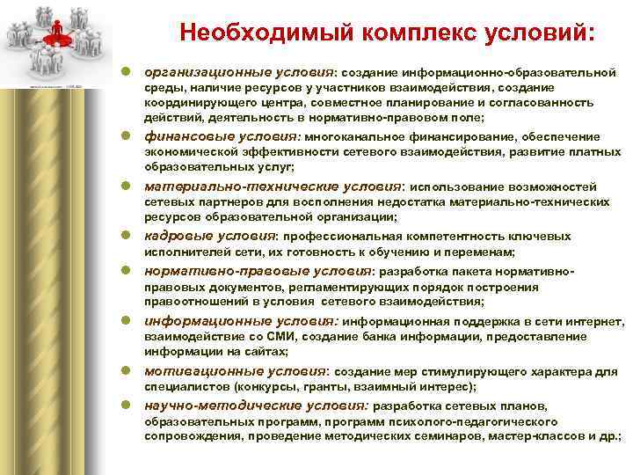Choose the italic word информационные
[195, 321]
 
